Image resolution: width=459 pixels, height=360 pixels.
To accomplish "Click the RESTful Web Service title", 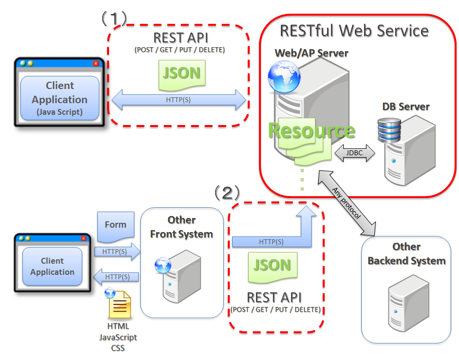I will [354, 31].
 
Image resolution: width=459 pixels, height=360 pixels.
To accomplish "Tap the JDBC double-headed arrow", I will [354, 153].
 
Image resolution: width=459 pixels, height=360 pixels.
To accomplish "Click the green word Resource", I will [312, 131].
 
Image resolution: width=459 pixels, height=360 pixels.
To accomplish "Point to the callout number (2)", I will [227, 193].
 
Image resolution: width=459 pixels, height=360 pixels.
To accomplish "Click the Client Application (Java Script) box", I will [60, 99].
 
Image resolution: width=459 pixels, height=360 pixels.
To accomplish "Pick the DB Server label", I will [406, 106].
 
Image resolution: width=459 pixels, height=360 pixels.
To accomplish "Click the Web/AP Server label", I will [312, 53].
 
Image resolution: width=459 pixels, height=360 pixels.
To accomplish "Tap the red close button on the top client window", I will [96, 63].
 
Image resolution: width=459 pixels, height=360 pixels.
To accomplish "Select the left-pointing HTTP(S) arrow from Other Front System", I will [116, 277].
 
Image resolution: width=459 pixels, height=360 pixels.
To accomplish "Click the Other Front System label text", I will [182, 227].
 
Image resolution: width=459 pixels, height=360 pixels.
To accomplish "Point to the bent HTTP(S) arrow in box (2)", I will [273, 241].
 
